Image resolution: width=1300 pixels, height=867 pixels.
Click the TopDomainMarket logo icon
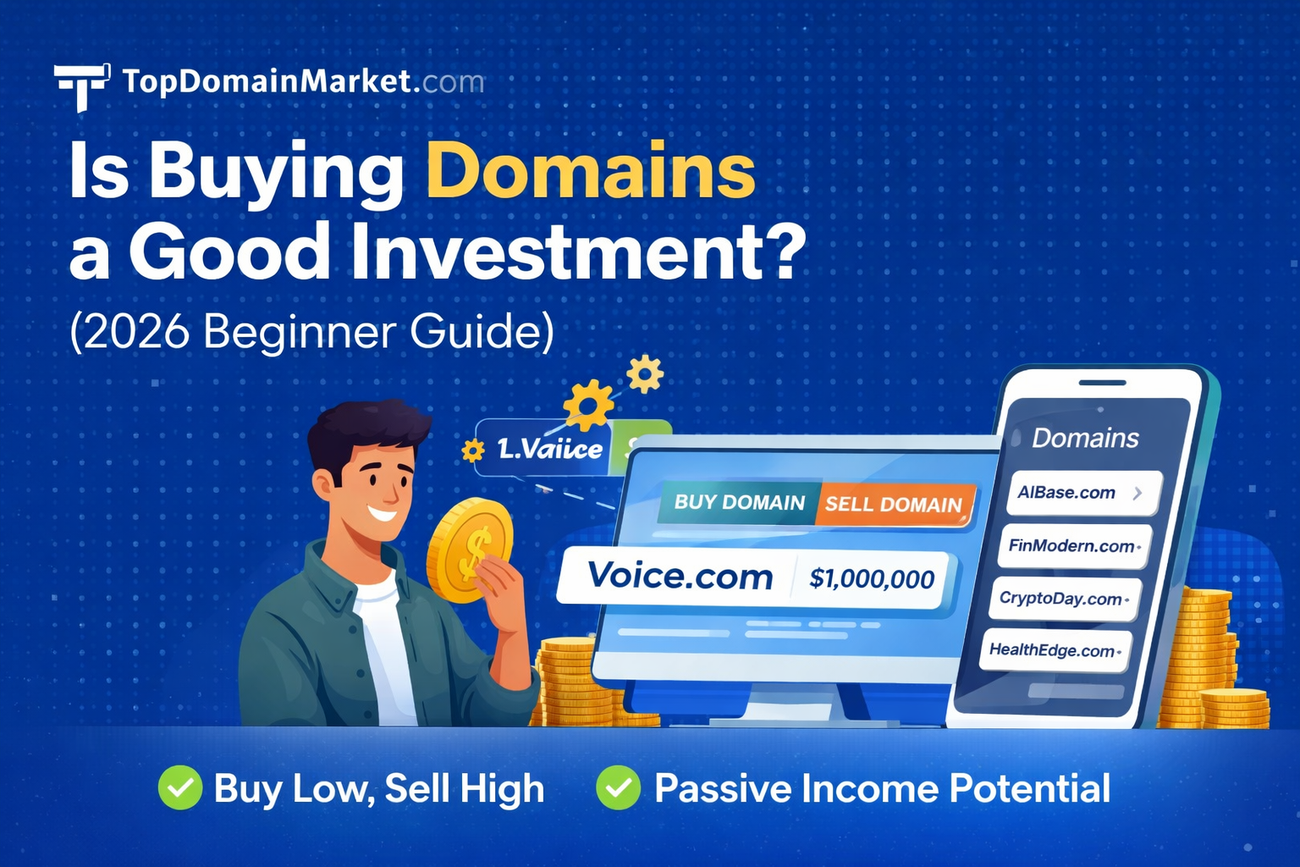coord(81,85)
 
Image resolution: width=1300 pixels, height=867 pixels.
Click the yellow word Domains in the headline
coord(590,171)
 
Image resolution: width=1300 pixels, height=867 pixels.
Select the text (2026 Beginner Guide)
coord(311,331)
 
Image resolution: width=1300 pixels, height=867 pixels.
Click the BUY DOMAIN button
coord(739,502)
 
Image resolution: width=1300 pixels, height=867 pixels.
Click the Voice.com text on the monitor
coord(680,577)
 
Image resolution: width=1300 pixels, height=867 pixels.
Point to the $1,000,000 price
coord(872,579)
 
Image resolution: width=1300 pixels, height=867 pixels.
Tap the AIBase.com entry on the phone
coord(1066,493)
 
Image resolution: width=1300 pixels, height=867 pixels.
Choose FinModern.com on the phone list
coord(1071,546)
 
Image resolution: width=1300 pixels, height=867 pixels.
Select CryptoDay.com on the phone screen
coord(1061,599)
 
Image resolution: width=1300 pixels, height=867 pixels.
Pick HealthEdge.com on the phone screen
coord(1052,650)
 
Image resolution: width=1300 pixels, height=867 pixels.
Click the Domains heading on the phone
coord(1085,438)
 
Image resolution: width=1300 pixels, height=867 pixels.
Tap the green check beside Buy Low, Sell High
coord(179,787)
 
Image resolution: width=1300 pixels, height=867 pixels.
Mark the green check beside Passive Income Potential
coord(618,787)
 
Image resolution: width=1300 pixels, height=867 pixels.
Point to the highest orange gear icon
coord(645,373)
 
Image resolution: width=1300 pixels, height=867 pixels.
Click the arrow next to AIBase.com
coord(1137,493)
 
